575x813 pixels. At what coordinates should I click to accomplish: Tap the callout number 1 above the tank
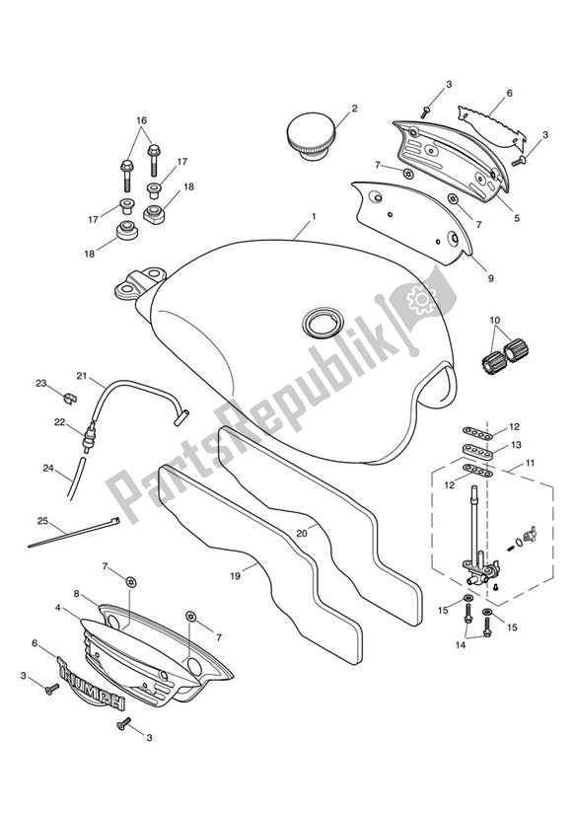[x=313, y=216]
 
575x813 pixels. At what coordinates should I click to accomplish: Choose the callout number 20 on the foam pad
[x=301, y=533]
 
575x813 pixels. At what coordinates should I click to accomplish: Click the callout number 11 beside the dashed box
[x=531, y=463]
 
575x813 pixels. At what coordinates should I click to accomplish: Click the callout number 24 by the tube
[x=46, y=470]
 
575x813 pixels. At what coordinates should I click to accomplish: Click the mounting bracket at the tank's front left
[x=135, y=285]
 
